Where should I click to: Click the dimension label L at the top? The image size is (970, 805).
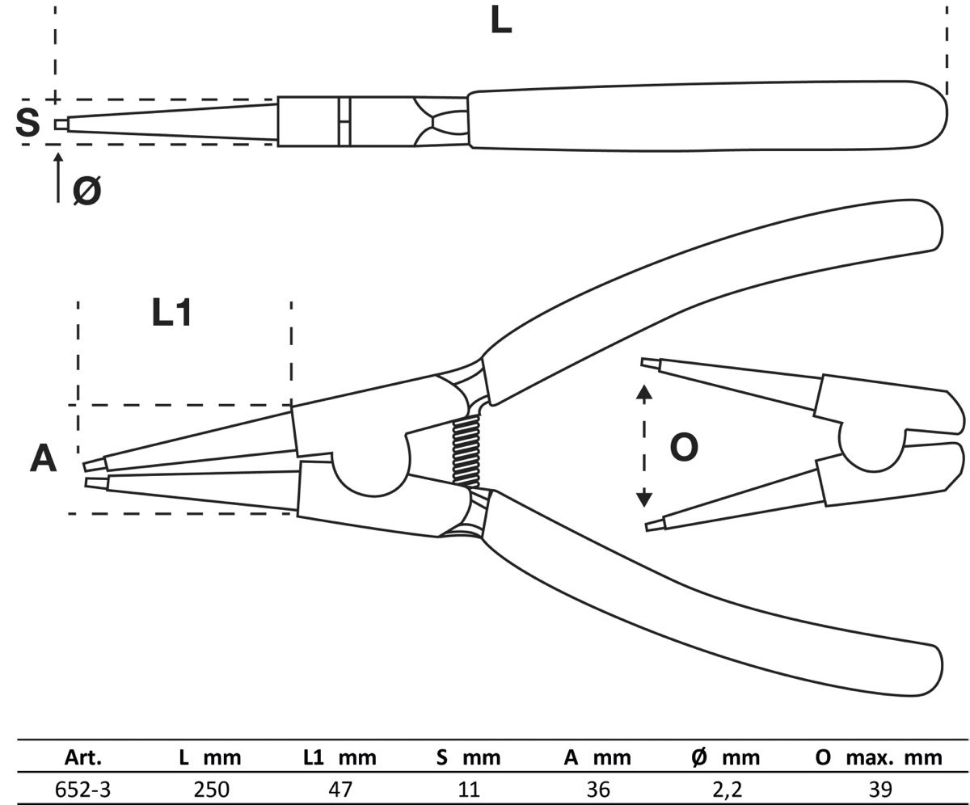click(x=501, y=20)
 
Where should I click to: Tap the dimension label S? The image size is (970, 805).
click(x=27, y=123)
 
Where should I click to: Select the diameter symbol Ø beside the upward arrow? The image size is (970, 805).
click(x=86, y=191)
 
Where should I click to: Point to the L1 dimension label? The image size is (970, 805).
click(x=172, y=313)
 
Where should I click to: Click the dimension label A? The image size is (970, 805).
click(x=43, y=458)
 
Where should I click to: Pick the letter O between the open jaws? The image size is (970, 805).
click(x=684, y=447)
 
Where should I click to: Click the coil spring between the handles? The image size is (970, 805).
click(x=466, y=453)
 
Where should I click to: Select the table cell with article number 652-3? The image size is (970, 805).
click(x=82, y=789)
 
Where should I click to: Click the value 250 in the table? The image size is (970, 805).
click(x=211, y=789)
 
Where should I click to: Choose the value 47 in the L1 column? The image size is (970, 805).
click(x=340, y=789)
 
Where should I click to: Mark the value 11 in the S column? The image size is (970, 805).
click(x=469, y=789)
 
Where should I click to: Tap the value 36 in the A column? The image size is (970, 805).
click(x=598, y=789)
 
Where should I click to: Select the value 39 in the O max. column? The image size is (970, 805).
click(x=880, y=789)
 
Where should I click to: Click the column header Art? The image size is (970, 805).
click(x=82, y=758)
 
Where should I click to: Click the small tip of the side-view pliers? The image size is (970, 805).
click(x=61, y=124)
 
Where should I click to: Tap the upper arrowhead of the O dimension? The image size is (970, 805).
click(x=643, y=393)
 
